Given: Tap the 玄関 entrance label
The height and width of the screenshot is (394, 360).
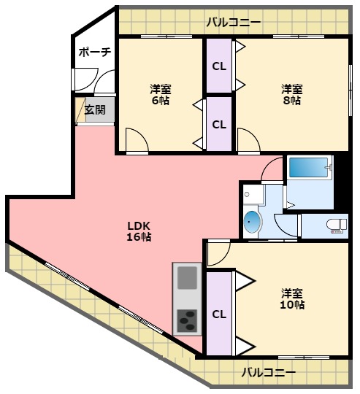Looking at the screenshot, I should pos(94,111).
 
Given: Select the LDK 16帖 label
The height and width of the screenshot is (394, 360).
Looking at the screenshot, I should pos(139,231).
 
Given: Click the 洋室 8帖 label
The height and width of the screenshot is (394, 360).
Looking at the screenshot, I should pos(292,95).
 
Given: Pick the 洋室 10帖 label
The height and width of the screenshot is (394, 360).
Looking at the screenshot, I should pos(292,298).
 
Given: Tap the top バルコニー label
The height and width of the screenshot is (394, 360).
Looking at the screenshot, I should pos(233,22).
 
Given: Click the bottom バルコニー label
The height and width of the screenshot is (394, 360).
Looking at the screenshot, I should pos(269,373).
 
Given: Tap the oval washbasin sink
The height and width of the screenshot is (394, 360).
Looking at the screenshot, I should pos(251,222).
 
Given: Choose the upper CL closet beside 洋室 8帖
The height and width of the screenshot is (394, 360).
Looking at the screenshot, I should pos(218,66).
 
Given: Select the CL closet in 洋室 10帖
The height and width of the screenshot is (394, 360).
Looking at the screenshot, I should pos(218,314).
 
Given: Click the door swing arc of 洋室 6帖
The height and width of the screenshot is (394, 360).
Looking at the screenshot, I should pos(137,139).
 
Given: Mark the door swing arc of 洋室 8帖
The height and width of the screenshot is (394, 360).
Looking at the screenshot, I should pos(247,139).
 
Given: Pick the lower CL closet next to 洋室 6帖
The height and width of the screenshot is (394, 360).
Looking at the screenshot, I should pos(218,123).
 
